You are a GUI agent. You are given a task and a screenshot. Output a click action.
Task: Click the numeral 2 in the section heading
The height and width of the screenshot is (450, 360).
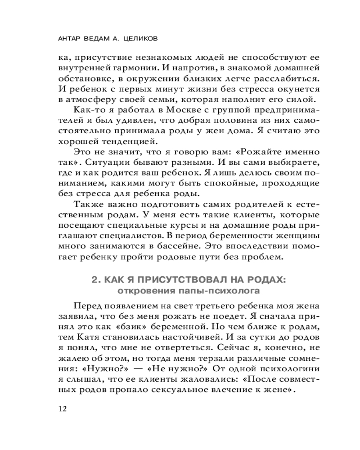pyautogui.click(x=94, y=280)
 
